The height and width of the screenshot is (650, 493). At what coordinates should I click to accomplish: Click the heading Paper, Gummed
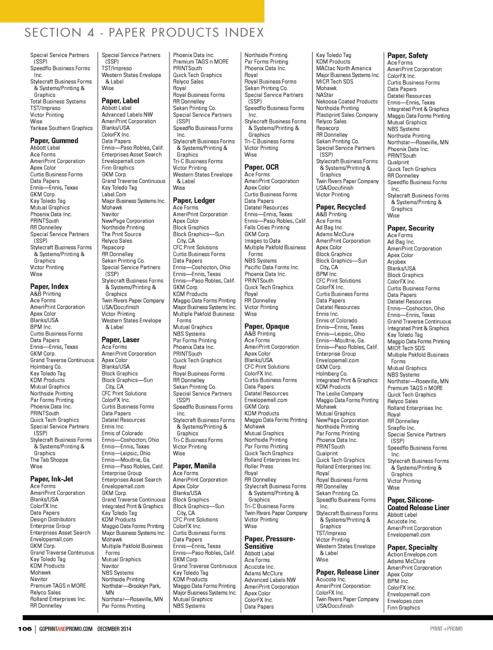54,141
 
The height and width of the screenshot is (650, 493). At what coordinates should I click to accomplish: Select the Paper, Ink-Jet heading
52,479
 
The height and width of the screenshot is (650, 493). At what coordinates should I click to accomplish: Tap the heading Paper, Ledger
194,200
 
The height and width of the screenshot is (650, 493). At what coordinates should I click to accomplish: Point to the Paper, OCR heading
261,167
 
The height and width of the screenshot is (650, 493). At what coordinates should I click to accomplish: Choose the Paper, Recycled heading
341,207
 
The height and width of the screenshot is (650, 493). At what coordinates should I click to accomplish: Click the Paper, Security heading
411,228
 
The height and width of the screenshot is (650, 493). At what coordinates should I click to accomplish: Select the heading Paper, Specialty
413,547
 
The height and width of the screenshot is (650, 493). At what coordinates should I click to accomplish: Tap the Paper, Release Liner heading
348,572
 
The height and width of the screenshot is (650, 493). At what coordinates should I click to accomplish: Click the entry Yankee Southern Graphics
61,128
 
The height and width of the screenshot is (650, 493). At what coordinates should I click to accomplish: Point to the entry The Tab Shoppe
49,460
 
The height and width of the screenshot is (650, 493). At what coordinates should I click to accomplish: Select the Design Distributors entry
53,519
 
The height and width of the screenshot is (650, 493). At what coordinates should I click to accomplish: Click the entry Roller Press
259,466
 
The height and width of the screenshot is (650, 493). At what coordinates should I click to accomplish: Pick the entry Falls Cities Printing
267,227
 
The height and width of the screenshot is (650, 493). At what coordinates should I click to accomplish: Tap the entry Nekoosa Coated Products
347,102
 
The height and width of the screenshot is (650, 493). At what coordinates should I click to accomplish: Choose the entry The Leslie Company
339,394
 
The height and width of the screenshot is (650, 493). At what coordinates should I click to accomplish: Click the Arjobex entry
397,262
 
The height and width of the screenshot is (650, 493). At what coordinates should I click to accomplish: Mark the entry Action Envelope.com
412,555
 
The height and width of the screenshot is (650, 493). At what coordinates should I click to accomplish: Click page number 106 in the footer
25,629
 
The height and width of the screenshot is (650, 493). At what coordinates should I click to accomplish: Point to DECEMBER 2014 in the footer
114,629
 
